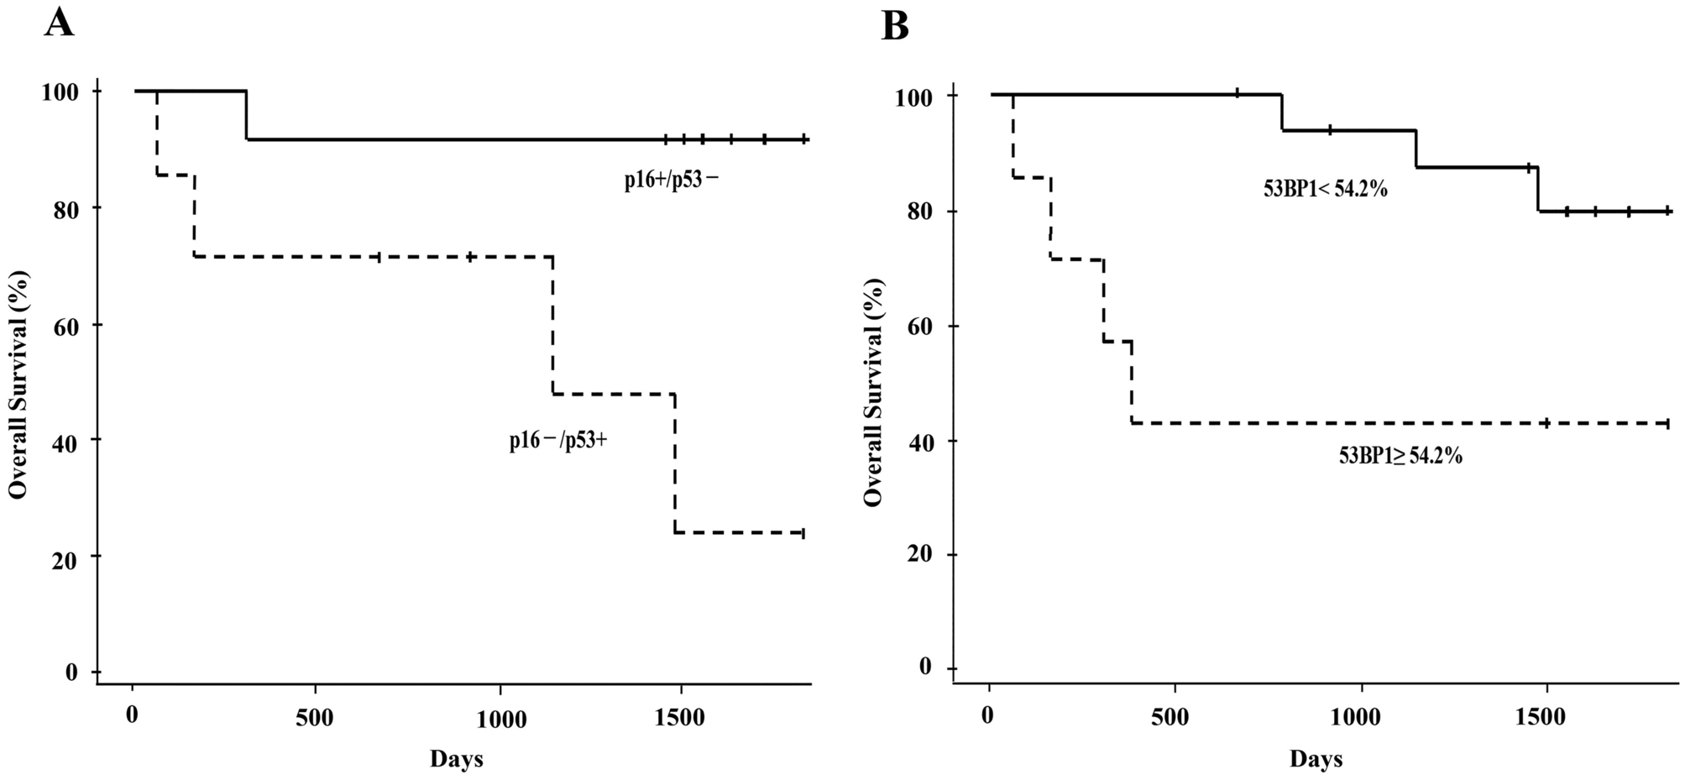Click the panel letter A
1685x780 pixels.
[x=60, y=23]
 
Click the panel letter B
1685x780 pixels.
[x=895, y=26]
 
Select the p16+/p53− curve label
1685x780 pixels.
[x=671, y=181]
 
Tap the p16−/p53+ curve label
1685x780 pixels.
[x=557, y=442]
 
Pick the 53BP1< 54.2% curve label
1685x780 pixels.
[x=1326, y=190]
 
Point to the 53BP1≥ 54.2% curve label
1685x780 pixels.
[x=1400, y=457]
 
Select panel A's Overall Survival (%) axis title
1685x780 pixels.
[x=19, y=385]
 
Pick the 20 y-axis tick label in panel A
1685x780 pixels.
[x=63, y=556]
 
